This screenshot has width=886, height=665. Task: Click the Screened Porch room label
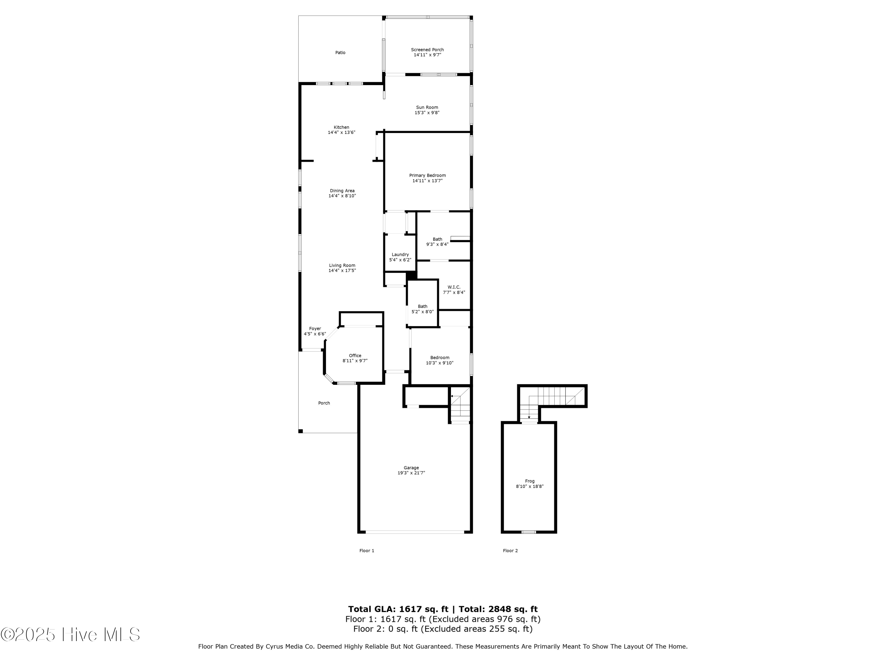[427, 50]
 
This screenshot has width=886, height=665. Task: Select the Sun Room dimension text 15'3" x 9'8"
[427, 113]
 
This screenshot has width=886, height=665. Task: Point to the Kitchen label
[341, 127]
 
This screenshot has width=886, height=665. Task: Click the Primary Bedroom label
[427, 175]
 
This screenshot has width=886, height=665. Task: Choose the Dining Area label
[342, 191]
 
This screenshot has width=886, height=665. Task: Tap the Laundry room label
[400, 254]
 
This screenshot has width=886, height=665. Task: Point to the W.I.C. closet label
[454, 287]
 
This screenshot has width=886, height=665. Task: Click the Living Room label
[342, 265]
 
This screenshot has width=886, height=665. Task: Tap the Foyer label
[315, 329]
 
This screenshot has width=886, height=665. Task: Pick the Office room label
[355, 356]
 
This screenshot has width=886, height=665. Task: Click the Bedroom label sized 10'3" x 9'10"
[440, 358]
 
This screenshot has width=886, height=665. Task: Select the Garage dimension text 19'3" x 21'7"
[411, 473]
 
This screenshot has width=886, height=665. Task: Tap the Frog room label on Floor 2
[530, 481]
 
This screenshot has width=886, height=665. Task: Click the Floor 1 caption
[367, 551]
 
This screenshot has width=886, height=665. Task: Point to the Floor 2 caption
[510, 551]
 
